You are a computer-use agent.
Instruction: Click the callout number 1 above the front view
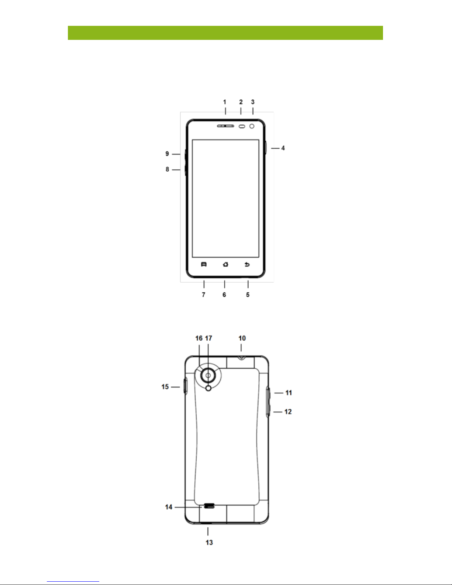point(225,102)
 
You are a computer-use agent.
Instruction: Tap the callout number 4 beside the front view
point(283,148)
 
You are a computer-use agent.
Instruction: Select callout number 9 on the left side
point(167,154)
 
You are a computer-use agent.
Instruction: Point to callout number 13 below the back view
point(209,543)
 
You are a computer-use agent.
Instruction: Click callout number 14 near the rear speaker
point(169,507)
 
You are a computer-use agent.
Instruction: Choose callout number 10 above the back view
point(242,338)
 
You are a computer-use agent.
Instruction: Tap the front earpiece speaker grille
point(225,126)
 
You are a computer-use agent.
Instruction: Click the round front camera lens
point(252,126)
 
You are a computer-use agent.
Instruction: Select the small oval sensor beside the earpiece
point(242,126)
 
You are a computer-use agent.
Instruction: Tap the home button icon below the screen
point(226,265)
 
